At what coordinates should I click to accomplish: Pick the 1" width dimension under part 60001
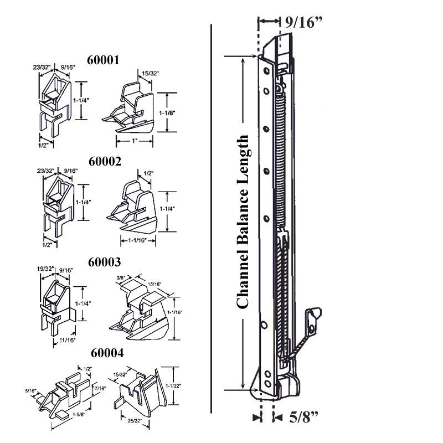[x=134, y=142]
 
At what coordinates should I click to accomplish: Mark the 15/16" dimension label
[x=155, y=284]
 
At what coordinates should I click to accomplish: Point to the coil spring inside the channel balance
[x=281, y=155]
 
